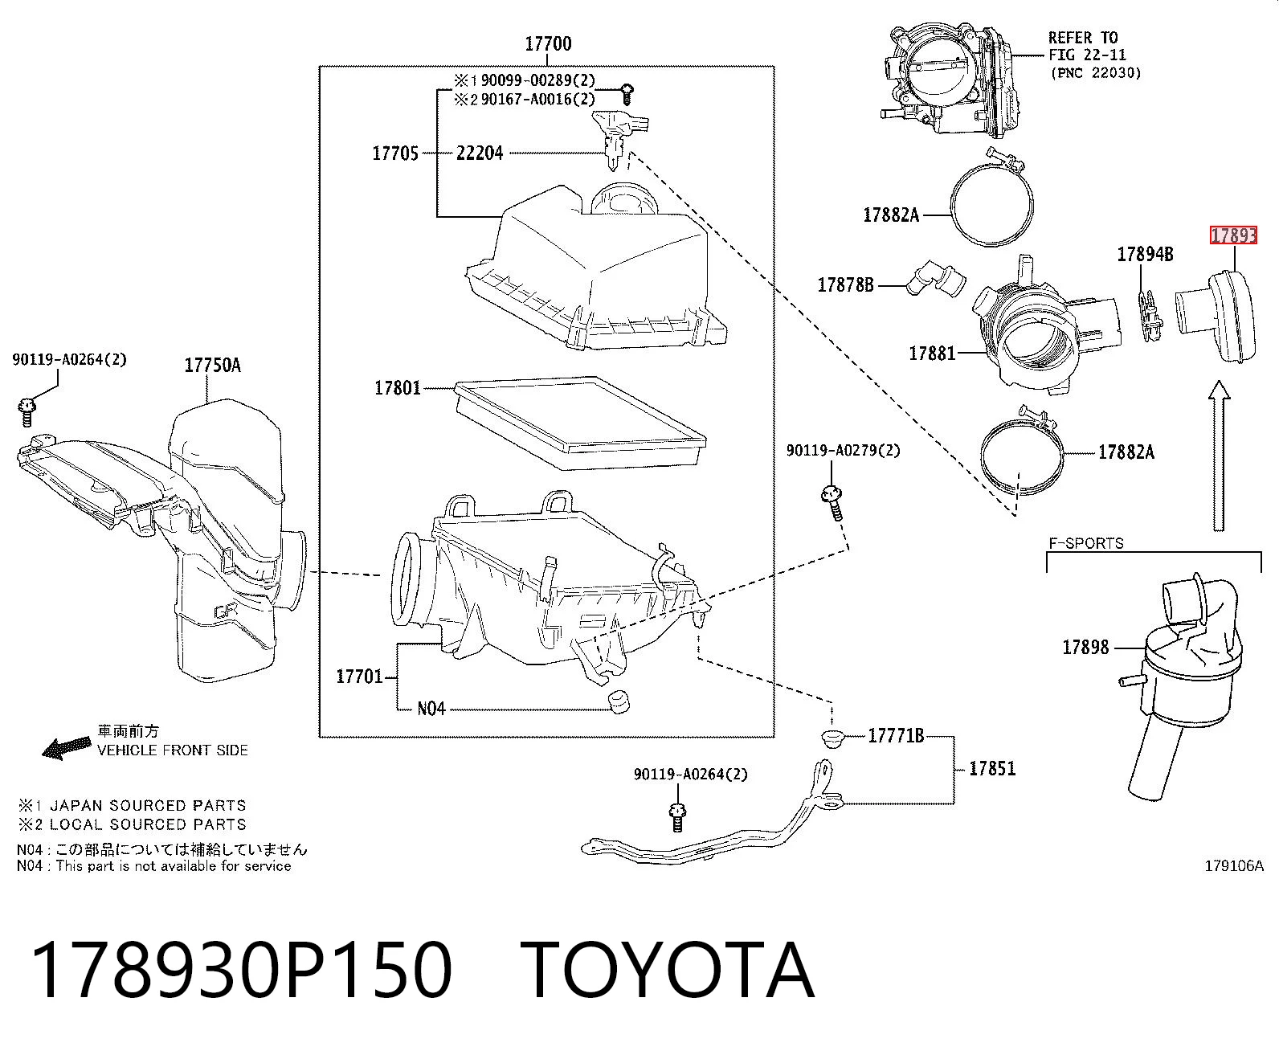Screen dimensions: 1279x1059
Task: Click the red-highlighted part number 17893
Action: click(x=1233, y=235)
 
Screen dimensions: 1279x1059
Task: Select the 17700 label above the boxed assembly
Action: click(x=548, y=44)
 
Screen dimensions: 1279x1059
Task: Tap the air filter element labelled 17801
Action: click(x=579, y=423)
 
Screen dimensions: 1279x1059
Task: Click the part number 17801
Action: click(x=398, y=388)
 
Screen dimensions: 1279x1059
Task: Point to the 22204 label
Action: click(x=480, y=153)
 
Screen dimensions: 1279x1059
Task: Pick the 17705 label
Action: click(x=396, y=153)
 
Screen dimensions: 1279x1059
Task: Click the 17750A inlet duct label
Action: click(x=213, y=366)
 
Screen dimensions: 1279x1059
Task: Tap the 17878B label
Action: click(x=846, y=285)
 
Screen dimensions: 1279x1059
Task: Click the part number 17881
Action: click(x=932, y=354)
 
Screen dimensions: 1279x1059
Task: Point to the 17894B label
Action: click(x=1146, y=255)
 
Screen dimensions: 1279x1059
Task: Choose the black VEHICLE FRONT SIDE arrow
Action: click(x=66, y=748)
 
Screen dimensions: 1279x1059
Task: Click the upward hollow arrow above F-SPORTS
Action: click(x=1219, y=456)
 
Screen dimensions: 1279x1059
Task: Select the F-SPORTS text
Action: click(x=1087, y=544)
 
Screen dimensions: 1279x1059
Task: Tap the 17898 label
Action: click(x=1085, y=647)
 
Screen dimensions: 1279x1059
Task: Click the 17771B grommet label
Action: click(x=896, y=735)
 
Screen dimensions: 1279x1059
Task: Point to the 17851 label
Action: click(x=992, y=768)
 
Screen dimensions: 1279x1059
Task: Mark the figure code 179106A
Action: click(x=1234, y=866)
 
